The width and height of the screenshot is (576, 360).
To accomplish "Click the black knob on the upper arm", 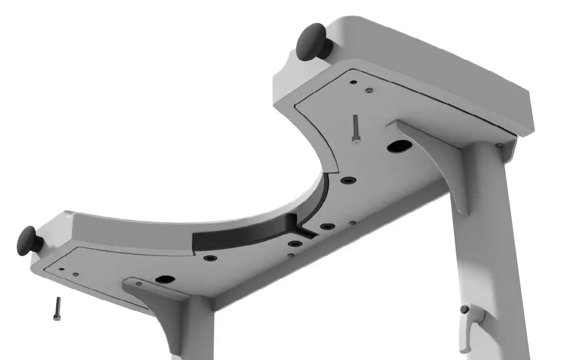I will point(312,43).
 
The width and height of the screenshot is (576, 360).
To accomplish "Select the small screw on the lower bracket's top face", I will point(138,284).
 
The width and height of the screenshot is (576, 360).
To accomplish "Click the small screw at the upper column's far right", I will point(498,146).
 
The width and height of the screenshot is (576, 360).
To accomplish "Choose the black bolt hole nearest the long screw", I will point(348,180).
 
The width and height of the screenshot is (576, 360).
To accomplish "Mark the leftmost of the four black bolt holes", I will point(210,258).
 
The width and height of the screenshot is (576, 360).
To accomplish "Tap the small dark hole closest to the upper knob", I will point(352,82).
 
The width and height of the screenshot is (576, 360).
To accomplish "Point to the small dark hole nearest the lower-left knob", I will point(61,269).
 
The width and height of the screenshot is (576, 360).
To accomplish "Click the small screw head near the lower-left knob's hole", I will point(75,274).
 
